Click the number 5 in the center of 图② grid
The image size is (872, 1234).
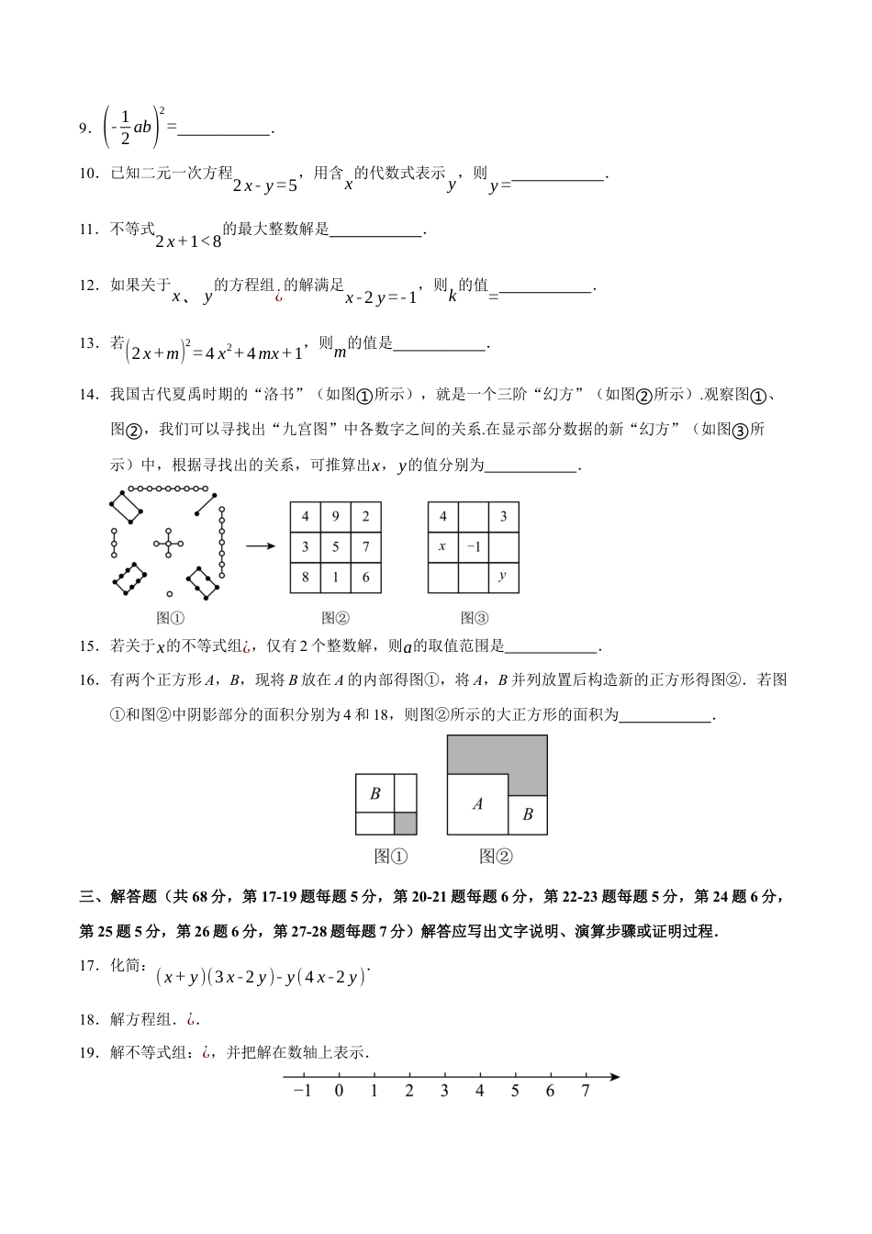pyautogui.click(x=336, y=547)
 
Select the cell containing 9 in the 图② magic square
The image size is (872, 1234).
pyautogui.click(x=336, y=517)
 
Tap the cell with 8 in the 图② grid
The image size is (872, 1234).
pyautogui.click(x=306, y=578)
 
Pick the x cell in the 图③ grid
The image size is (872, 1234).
pyautogui.click(x=442, y=546)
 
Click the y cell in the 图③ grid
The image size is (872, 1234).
pyautogui.click(x=503, y=577)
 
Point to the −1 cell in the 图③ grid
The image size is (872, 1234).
pyautogui.click(x=473, y=546)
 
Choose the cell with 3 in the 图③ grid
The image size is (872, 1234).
pyautogui.click(x=503, y=517)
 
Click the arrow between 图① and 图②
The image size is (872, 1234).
pyautogui.click(x=261, y=546)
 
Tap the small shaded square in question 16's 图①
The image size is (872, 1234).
pyautogui.click(x=406, y=824)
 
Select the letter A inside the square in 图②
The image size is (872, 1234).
pyautogui.click(x=477, y=804)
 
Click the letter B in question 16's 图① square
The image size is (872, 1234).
pyautogui.click(x=375, y=793)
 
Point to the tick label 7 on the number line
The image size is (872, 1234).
pyautogui.click(x=585, y=1092)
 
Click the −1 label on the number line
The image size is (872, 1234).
pyautogui.click(x=300, y=1092)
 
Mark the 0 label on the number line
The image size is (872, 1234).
pyautogui.click(x=339, y=1092)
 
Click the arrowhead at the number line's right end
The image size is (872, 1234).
pyautogui.click(x=614, y=1077)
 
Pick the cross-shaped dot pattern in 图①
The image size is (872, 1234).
pyautogui.click(x=169, y=544)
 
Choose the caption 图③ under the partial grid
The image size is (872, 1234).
pyautogui.click(x=475, y=618)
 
